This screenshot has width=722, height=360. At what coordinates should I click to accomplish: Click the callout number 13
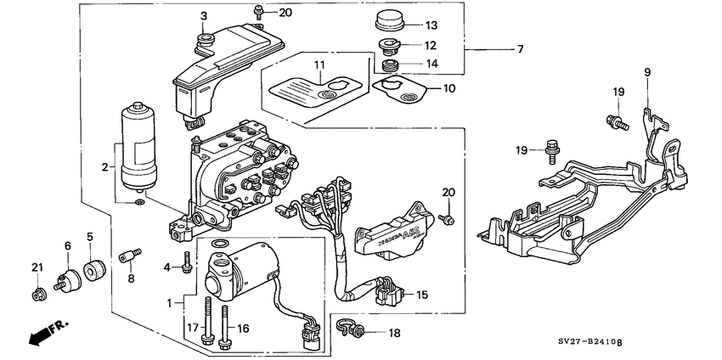coord(432,25)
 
